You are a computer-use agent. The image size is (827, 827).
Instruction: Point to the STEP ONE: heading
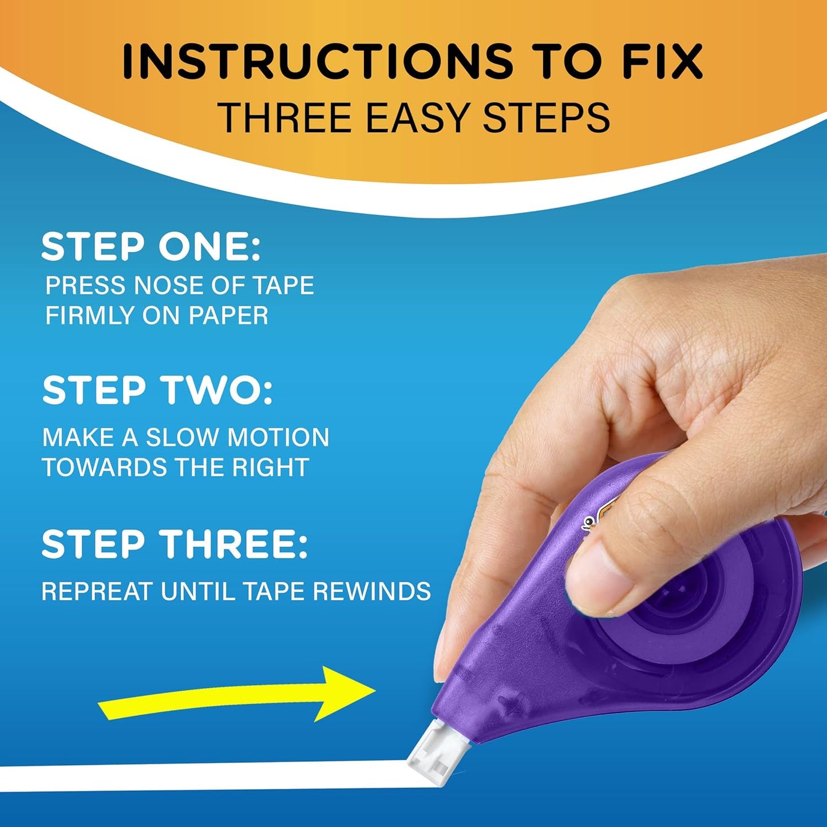(151, 247)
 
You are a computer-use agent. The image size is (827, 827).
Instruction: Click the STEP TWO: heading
(157, 390)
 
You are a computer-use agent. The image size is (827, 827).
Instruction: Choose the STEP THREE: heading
(175, 544)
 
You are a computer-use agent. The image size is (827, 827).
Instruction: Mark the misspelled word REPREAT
(97, 591)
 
